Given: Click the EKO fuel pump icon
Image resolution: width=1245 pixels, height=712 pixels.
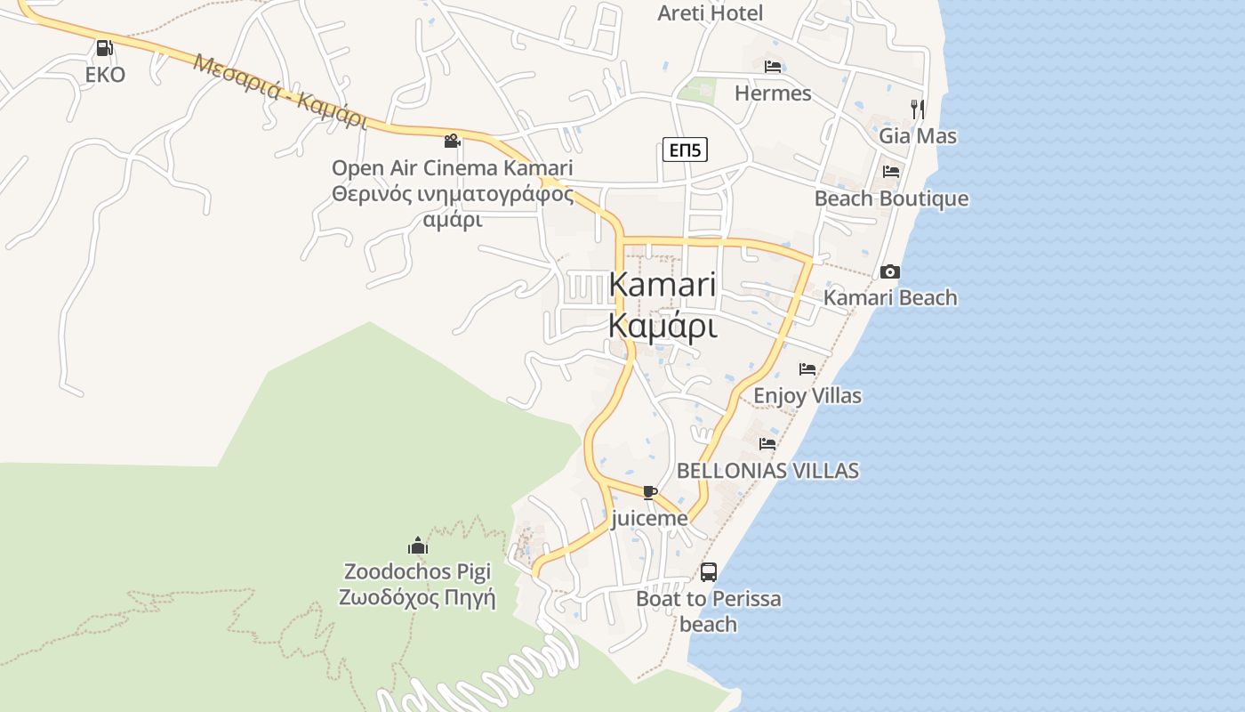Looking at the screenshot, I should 104,48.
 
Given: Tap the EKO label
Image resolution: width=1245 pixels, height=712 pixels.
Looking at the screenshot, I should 105,75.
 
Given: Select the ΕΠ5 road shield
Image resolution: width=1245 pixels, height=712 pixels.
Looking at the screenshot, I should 685,150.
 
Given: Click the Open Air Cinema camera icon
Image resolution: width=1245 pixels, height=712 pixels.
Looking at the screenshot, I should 452,141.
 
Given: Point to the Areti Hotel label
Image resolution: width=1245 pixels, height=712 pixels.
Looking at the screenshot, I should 710,13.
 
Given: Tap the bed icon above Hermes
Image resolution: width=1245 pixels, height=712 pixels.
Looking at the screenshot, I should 773,67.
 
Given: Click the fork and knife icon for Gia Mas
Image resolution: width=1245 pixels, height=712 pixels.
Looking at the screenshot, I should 918,109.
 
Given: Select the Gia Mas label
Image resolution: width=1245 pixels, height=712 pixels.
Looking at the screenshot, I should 918,136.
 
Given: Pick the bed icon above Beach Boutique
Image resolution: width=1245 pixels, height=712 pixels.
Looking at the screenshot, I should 891,172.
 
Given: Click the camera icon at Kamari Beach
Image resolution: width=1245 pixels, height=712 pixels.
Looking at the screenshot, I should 890,271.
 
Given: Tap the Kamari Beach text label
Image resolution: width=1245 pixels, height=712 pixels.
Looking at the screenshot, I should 890,298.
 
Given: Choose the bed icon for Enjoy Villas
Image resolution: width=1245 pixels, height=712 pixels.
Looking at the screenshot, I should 807,368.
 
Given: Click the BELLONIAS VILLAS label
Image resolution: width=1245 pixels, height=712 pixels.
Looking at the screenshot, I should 767,471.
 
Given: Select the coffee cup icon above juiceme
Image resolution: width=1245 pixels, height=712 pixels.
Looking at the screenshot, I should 649,492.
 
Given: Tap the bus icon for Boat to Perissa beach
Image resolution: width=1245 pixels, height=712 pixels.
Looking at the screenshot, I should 709,572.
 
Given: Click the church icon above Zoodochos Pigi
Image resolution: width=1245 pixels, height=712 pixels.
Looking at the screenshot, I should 417,546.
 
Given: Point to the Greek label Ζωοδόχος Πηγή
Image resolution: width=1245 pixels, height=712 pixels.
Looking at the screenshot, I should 417,597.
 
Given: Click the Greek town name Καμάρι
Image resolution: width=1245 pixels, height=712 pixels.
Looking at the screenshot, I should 663,327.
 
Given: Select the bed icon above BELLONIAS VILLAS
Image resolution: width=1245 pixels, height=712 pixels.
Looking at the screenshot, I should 767,443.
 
